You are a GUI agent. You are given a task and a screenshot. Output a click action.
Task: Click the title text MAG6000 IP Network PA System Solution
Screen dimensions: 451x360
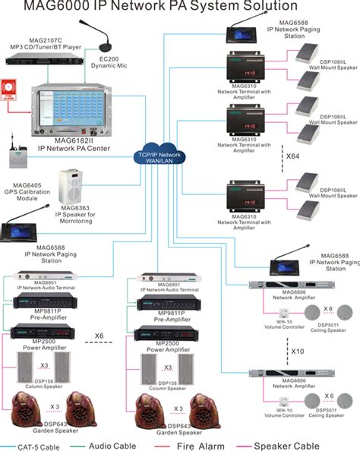[179, 8]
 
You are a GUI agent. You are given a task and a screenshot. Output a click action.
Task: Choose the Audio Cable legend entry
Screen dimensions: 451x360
[116, 445]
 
